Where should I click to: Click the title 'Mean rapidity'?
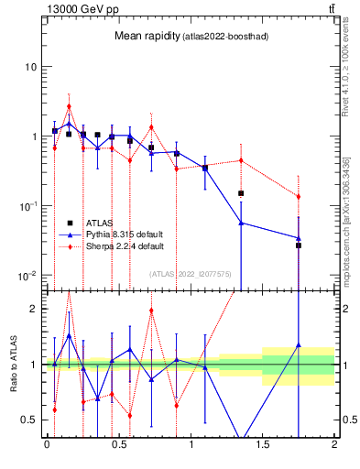pos(145,36)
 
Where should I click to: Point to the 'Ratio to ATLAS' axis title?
pos(13,365)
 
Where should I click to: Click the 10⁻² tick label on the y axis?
pos(27,276)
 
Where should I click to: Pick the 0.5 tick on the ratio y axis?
pos(30,420)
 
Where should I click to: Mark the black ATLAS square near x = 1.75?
pos(299,245)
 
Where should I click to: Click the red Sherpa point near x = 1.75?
pos(299,197)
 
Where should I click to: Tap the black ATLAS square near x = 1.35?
pos(241,193)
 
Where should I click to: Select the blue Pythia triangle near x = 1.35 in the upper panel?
pos(241,223)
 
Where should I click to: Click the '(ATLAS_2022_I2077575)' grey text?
pos(190,273)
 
